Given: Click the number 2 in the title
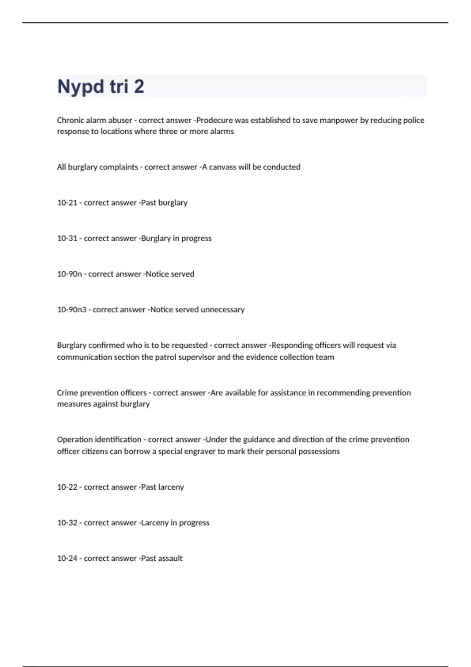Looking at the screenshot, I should (139, 87).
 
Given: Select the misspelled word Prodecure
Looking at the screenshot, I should (214, 120).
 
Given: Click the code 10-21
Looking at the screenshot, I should (67, 202).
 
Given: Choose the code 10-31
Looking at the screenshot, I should (67, 238).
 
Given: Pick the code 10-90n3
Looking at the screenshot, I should (72, 310).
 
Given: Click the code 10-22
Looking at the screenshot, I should (67, 487).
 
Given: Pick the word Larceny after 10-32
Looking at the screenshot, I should (155, 523).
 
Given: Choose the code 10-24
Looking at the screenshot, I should (67, 558).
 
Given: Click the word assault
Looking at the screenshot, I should (170, 558).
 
